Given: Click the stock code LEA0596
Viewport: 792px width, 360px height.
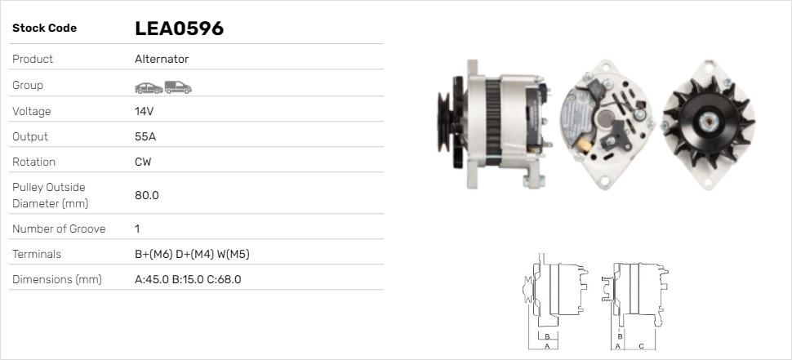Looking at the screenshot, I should tap(179, 29).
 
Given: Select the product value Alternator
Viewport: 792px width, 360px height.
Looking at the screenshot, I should tap(161, 59).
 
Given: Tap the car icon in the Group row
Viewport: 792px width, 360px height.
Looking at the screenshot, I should tap(148, 87).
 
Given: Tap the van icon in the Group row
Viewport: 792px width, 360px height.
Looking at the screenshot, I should tap(177, 87).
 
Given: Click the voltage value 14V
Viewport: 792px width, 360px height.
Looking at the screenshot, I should tap(145, 111).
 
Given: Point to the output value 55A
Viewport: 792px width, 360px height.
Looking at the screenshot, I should tap(145, 136).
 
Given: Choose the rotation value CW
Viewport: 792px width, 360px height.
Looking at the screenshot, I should tap(143, 162).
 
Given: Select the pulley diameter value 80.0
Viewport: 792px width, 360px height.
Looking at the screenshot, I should tap(146, 195).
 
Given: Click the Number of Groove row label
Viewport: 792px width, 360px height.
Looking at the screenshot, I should tap(59, 229).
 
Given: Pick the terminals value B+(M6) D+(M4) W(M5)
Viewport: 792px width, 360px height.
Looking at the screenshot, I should tap(192, 254).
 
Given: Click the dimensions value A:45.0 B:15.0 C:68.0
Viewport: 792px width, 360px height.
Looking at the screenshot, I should tap(188, 279).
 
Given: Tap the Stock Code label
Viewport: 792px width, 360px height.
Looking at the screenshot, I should tap(44, 29).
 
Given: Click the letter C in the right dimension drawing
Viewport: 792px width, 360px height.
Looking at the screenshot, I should tap(641, 346).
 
